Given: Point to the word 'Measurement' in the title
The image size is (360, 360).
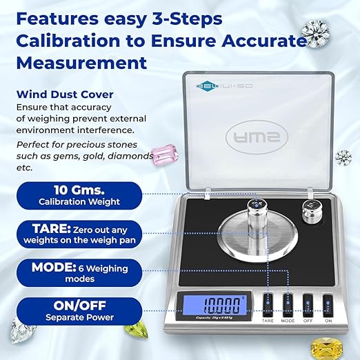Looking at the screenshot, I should pyautogui.click(x=81, y=63).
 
